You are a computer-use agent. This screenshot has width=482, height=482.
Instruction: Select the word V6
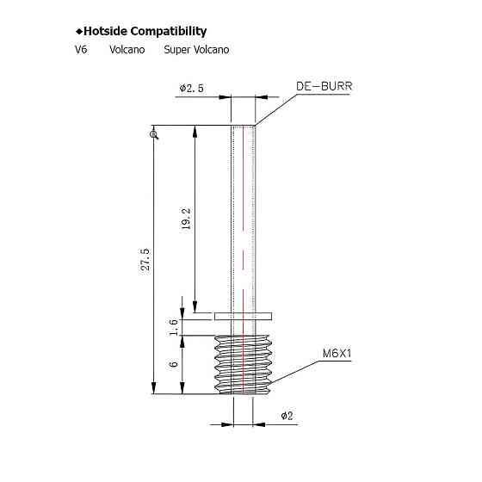(81, 50)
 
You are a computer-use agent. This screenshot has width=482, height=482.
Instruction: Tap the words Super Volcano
(196, 50)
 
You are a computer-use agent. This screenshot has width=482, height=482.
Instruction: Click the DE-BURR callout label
(326, 87)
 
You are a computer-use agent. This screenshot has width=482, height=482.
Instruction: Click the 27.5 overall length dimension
(145, 259)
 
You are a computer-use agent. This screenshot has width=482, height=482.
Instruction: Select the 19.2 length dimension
(186, 220)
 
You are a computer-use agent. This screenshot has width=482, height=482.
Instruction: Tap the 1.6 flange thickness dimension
(174, 326)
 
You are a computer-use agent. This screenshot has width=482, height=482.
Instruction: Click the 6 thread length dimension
(174, 364)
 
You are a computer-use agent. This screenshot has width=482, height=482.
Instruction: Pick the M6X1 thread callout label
(338, 354)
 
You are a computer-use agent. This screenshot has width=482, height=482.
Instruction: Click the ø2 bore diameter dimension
(287, 416)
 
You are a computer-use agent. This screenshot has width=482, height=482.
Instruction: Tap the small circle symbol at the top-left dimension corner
(153, 133)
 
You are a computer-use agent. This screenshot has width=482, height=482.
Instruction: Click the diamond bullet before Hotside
(77, 32)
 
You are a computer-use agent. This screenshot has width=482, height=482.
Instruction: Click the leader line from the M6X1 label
(297, 372)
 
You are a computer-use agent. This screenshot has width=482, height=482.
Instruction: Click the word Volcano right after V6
(126, 50)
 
